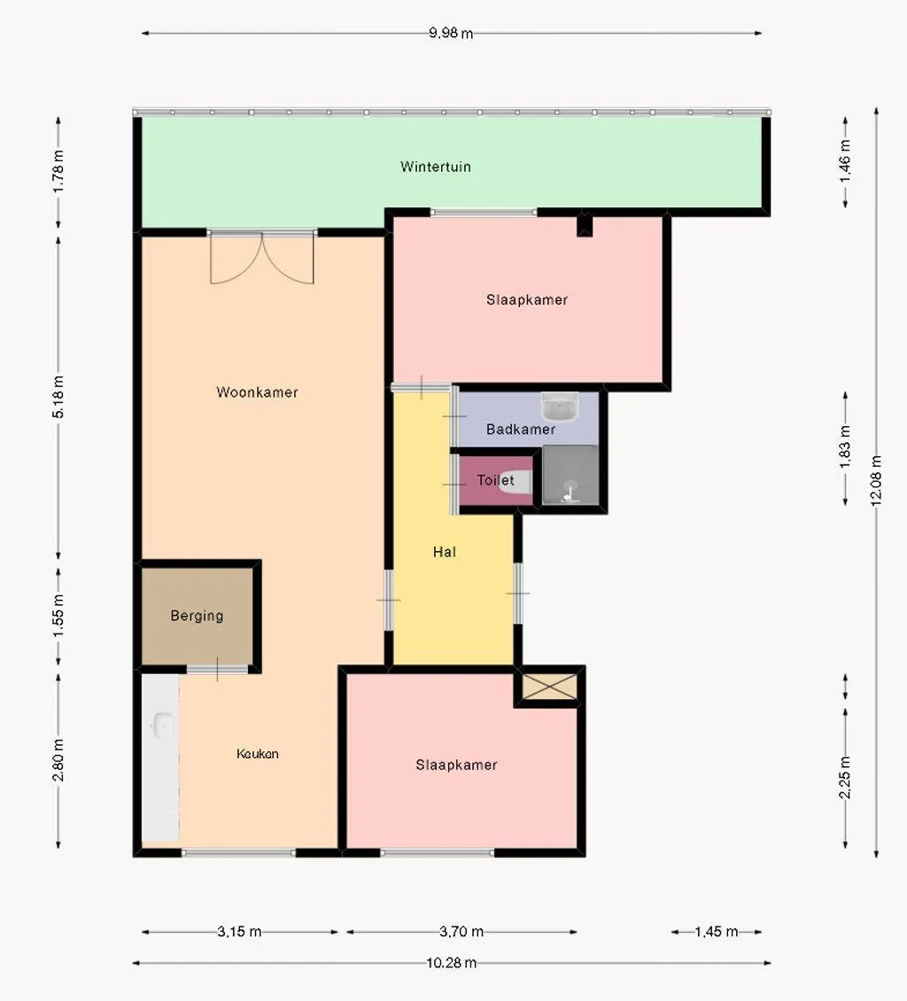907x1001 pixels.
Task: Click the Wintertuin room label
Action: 435,167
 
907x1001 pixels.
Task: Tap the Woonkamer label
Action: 257,392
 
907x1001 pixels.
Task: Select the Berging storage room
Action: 197,616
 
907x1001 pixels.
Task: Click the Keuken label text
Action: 257,754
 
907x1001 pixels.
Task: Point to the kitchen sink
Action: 161,726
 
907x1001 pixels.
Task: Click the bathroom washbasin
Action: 560,408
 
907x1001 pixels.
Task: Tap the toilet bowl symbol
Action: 516,483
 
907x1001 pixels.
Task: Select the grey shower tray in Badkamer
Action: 570,476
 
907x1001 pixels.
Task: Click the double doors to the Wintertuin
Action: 262,258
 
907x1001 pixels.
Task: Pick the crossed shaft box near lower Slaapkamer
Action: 549,687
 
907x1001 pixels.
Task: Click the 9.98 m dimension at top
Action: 451,34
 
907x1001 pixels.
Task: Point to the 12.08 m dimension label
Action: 877,479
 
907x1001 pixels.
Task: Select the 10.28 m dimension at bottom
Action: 452,963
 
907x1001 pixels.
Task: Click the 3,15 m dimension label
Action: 239,932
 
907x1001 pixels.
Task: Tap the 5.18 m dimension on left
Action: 58,399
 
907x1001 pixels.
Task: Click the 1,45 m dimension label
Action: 716,932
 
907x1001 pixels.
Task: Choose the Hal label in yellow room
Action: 445,552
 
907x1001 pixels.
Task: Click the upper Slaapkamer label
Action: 526,300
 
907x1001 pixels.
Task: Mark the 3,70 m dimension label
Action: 461,932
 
